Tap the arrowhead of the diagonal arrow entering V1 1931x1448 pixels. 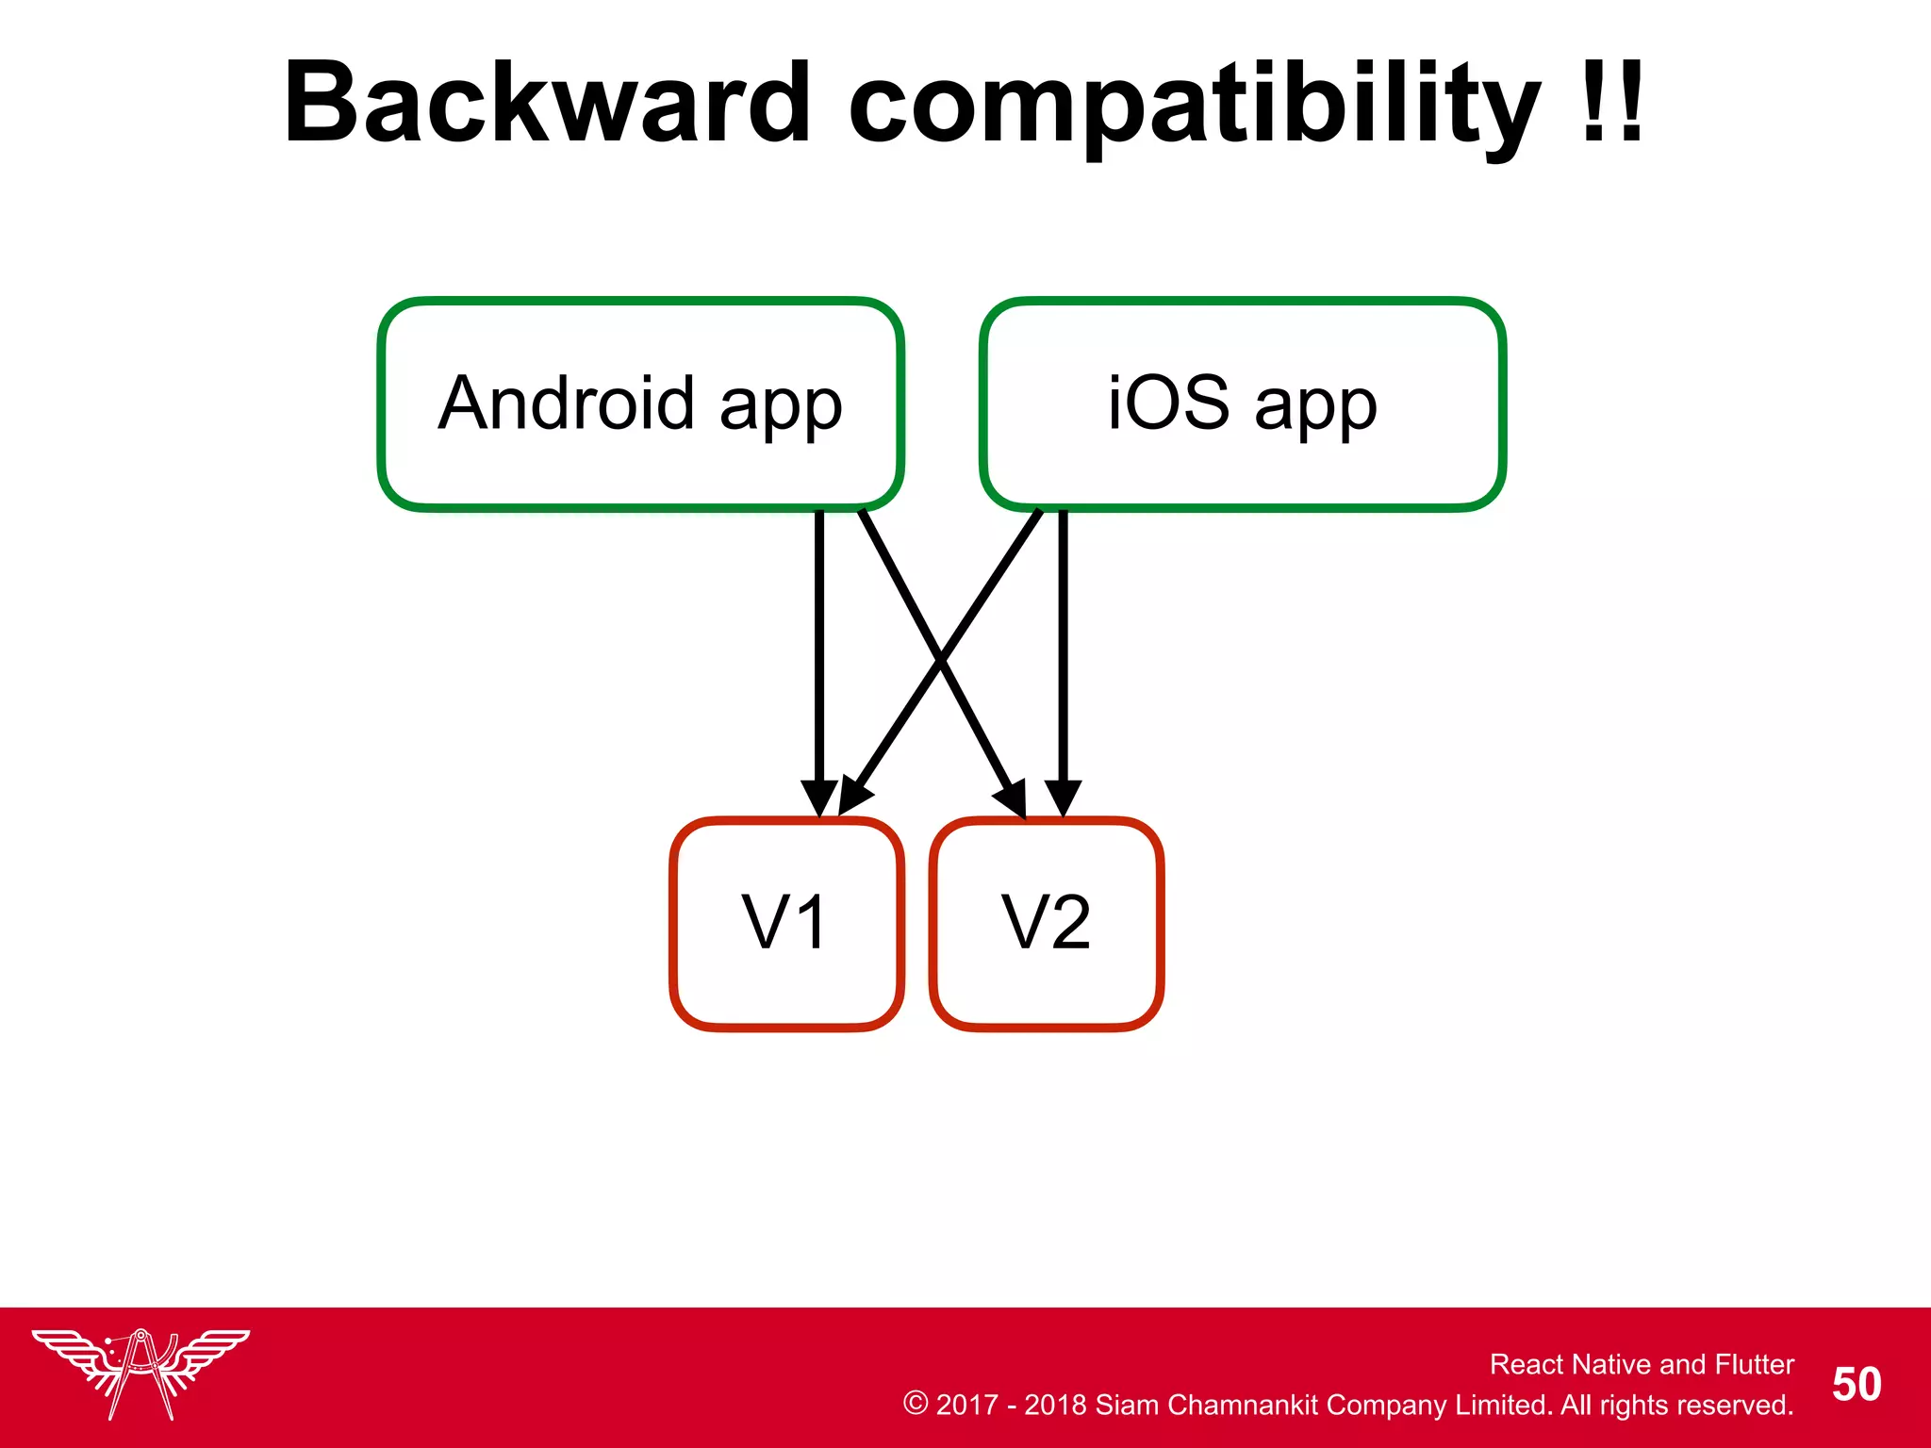click(854, 798)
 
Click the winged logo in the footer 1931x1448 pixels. click(140, 1372)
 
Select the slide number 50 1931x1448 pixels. click(1856, 1384)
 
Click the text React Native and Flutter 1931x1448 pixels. click(1641, 1364)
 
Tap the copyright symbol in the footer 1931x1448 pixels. click(915, 1403)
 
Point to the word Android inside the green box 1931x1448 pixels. click(567, 403)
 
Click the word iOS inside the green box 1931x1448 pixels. click(1168, 403)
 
